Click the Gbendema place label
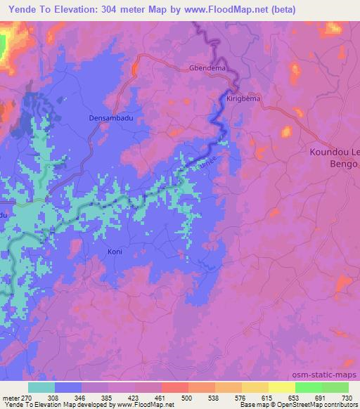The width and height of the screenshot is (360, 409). (207, 69)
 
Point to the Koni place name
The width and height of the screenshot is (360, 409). (115, 251)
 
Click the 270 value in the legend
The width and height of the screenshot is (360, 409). (27, 397)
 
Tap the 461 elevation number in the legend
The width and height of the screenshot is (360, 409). (161, 397)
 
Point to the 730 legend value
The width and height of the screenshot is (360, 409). (347, 397)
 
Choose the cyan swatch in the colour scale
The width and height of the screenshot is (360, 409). (41, 387)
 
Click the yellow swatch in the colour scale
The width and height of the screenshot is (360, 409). (281, 387)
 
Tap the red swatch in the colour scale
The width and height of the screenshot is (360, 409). (174, 387)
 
